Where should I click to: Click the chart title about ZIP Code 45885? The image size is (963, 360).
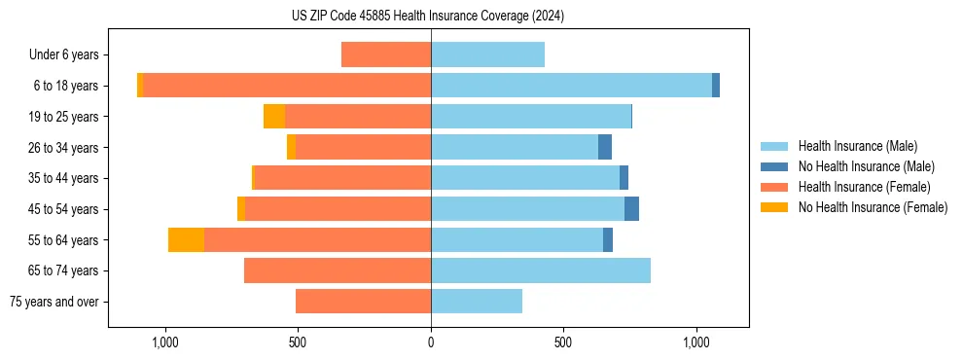pyautogui.click(x=428, y=16)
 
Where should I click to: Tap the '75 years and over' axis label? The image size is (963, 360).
pyautogui.click(x=54, y=302)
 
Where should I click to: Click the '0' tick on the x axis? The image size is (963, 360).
pyautogui.click(x=431, y=342)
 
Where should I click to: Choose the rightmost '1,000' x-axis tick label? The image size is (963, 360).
pyautogui.click(x=696, y=342)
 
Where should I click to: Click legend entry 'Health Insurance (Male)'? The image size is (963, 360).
pyautogui.click(x=857, y=146)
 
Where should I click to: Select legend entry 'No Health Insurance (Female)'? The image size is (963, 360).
pyautogui.click(x=873, y=207)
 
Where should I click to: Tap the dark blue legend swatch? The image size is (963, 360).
pyautogui.click(x=775, y=166)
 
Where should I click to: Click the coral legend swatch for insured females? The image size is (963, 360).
pyautogui.click(x=775, y=187)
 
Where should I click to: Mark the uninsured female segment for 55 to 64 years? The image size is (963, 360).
pyautogui.click(x=186, y=240)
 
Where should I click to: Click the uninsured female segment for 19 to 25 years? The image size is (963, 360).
pyautogui.click(x=274, y=117)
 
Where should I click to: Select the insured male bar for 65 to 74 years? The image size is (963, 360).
pyautogui.click(x=541, y=270)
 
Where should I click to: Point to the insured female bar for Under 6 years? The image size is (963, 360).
pyautogui.click(x=386, y=55)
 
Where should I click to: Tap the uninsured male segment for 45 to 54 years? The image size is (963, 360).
pyautogui.click(x=631, y=209)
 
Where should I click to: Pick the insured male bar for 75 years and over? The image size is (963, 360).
pyautogui.click(x=477, y=302)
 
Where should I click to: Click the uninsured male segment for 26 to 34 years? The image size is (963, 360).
pyautogui.click(x=605, y=148)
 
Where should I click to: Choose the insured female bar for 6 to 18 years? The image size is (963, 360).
pyautogui.click(x=287, y=86)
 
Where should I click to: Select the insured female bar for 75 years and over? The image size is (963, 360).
pyautogui.click(x=363, y=302)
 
